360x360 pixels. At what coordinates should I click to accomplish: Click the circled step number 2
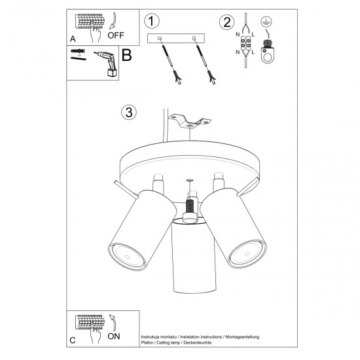click(226, 21)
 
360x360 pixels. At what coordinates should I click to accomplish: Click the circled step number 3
click(129, 112)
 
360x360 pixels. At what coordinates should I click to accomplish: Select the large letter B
click(127, 55)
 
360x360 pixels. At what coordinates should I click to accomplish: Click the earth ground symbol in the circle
click(266, 22)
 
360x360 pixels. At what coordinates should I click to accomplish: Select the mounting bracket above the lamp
click(190, 121)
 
